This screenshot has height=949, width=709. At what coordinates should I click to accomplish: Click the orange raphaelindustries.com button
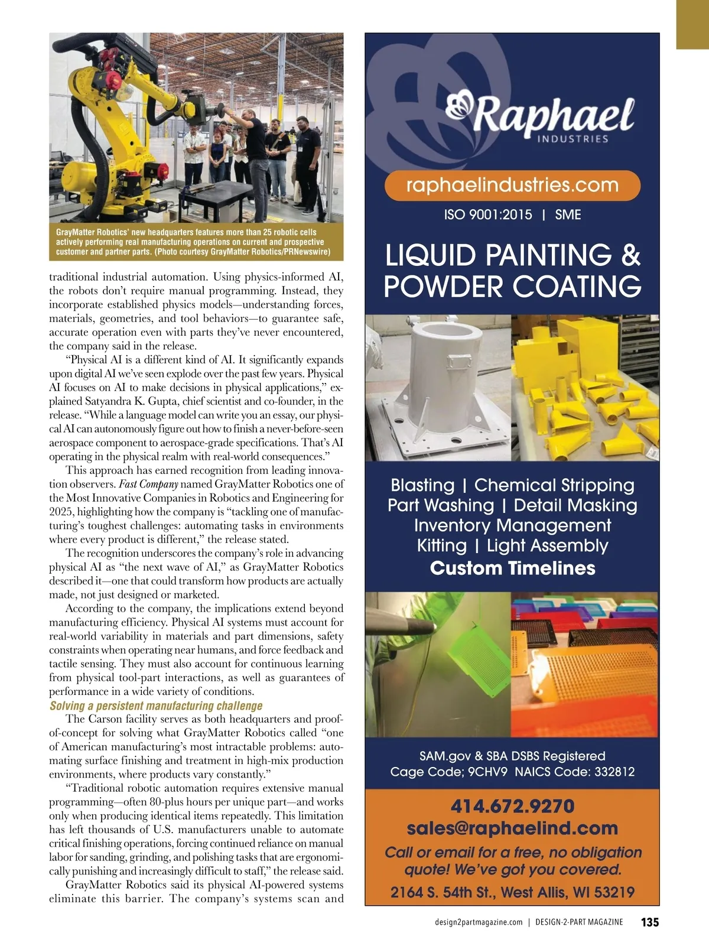coord(512,186)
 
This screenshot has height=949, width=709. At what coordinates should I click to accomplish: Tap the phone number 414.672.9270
coord(512,807)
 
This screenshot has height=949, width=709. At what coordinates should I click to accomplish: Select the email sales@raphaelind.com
coord(512,828)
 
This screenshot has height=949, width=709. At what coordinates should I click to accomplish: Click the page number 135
coord(649,922)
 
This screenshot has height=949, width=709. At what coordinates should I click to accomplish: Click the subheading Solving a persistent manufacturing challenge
coord(156,706)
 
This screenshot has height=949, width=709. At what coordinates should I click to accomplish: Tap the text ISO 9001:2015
coord(488,215)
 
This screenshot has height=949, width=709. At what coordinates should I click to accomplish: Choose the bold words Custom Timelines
coord(512,568)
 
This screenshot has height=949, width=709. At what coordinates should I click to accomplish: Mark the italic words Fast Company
coord(148,485)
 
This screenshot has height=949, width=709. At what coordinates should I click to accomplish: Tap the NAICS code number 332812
coord(614,772)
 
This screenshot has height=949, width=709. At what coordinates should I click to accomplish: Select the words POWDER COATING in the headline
coord(512,287)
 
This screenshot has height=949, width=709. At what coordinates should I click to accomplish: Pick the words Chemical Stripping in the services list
coord(554,486)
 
